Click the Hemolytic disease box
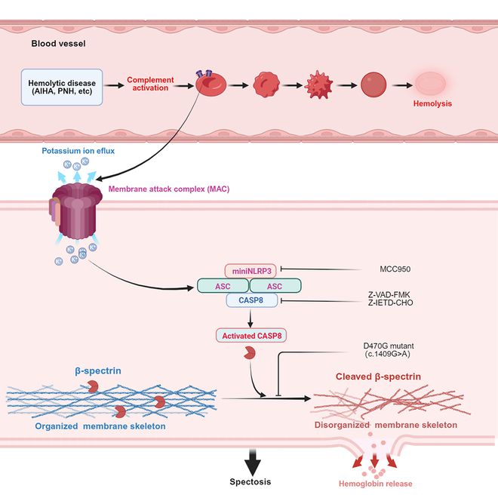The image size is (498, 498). click(62, 87)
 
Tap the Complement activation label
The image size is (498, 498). click(150, 84)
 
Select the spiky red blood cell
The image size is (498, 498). click(318, 85)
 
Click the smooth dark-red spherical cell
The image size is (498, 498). click(373, 85)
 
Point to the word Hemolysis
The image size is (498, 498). click(432, 103)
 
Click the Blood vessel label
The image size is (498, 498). click(58, 44)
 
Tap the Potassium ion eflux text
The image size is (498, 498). click(78, 151)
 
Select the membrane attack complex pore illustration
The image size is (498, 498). click(75, 210)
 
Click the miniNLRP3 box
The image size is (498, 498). click(251, 271)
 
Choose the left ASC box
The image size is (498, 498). click(223, 286)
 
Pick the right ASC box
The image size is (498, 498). click(275, 286)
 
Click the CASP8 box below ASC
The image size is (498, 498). click(251, 300)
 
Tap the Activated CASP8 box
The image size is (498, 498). click(251, 336)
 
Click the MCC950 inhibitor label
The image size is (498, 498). click(395, 269)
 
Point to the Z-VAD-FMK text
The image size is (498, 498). click(389, 295)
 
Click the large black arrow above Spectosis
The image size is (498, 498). click(253, 463)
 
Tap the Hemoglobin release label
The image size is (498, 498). click(376, 484)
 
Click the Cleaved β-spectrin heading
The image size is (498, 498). click(378, 377)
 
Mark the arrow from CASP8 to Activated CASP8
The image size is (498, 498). click(251, 318)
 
